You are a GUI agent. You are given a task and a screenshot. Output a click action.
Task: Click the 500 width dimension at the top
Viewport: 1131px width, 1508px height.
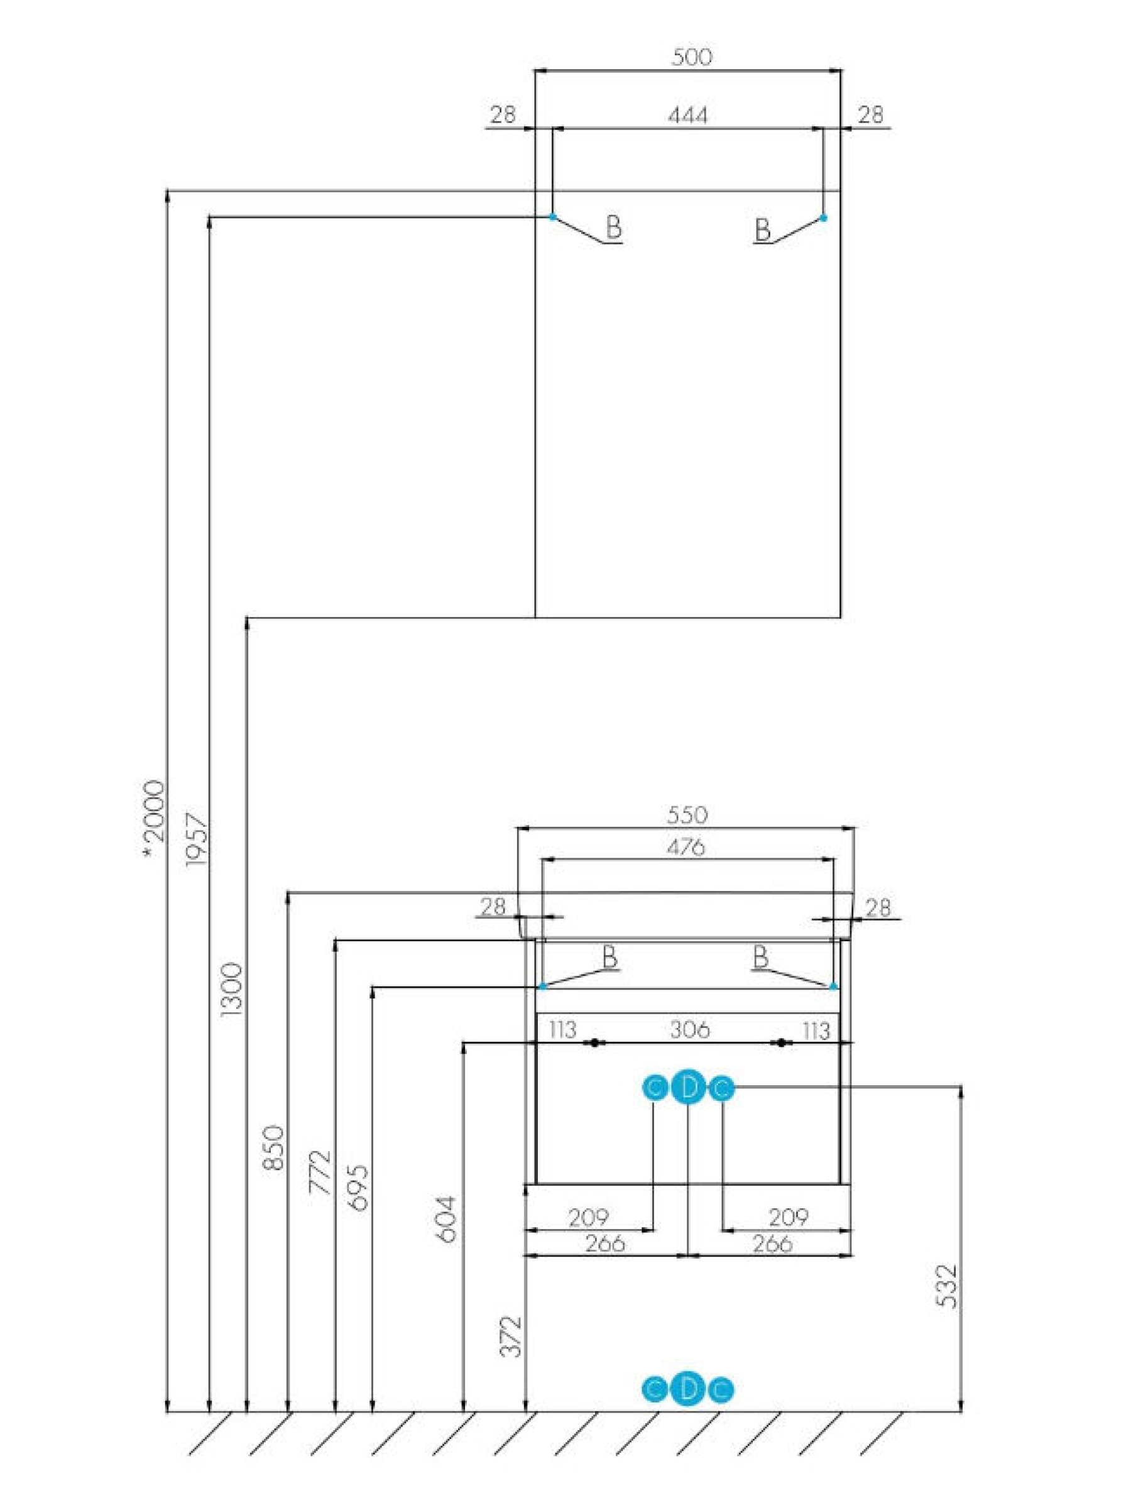(691, 57)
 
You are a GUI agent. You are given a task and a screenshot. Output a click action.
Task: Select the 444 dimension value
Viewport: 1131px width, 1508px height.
(687, 115)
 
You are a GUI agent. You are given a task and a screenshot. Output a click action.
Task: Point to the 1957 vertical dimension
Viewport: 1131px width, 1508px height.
(195, 839)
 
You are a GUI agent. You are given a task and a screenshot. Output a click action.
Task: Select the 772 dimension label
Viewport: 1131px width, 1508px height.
(320, 1172)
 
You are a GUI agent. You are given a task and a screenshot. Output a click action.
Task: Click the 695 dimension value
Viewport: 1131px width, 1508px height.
(358, 1188)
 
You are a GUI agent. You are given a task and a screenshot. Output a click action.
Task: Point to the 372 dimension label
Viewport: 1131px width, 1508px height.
(511, 1337)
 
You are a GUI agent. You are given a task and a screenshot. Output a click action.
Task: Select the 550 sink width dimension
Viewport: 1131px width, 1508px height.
(687, 815)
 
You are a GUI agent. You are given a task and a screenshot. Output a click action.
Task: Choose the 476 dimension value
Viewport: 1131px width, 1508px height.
(685, 848)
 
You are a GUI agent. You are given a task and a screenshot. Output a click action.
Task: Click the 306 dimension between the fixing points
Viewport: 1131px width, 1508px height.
(689, 1029)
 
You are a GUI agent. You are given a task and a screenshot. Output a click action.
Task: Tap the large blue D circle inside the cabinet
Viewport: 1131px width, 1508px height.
(689, 1089)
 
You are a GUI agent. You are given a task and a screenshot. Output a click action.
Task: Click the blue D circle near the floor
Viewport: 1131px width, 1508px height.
(688, 1389)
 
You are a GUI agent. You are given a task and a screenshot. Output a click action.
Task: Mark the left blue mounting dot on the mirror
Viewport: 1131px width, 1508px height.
(553, 217)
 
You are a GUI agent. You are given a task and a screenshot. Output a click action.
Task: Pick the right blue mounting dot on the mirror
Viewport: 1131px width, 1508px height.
(823, 218)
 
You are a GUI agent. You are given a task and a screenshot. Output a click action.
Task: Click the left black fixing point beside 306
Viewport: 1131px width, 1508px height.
(595, 1043)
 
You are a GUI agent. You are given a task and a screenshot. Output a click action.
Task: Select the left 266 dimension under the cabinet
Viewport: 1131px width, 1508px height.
(604, 1243)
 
